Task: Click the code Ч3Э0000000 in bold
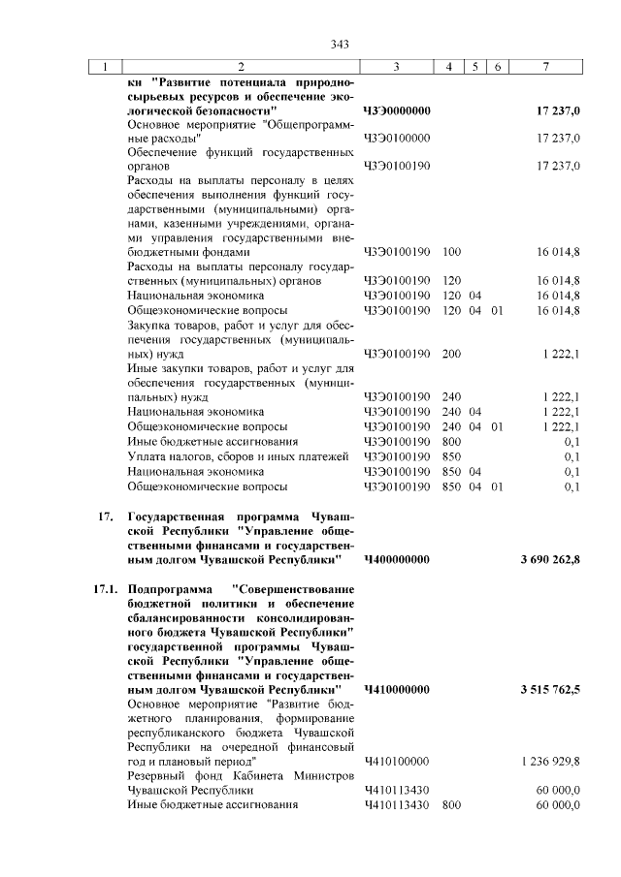pyautogui.click(x=397, y=111)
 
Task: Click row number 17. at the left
pyautogui.click(x=107, y=515)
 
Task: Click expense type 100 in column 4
pyautogui.click(x=450, y=252)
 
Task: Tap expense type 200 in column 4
pyautogui.click(x=450, y=354)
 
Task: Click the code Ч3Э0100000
pyautogui.click(x=396, y=139)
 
